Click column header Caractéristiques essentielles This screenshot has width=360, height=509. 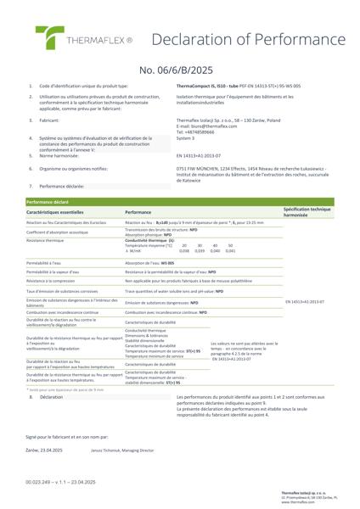point(60,210)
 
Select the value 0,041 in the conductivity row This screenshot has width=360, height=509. point(230,251)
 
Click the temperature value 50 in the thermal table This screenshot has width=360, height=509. point(231,245)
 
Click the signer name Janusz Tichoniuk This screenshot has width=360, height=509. point(105,456)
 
